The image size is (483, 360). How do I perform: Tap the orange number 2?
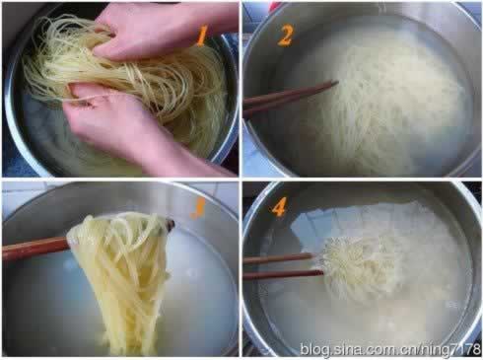point(285,36)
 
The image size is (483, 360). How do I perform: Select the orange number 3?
point(198,208)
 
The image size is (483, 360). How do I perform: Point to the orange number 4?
point(278,207)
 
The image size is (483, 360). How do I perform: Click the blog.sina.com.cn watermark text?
point(390,349)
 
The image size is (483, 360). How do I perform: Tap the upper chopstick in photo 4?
point(279,258)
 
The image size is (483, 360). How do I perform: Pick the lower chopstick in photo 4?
point(283,274)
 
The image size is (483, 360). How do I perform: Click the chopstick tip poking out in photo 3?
point(171,225)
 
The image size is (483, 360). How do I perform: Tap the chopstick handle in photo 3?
point(35,249)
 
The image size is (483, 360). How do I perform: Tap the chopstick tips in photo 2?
point(332,85)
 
